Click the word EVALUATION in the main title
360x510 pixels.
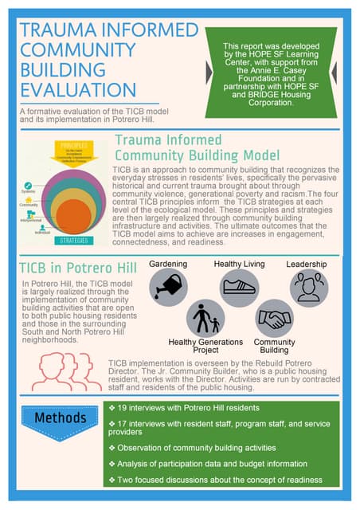tap(67, 88)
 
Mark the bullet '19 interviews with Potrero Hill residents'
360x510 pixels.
tap(182, 408)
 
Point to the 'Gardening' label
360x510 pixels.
tap(168, 263)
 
